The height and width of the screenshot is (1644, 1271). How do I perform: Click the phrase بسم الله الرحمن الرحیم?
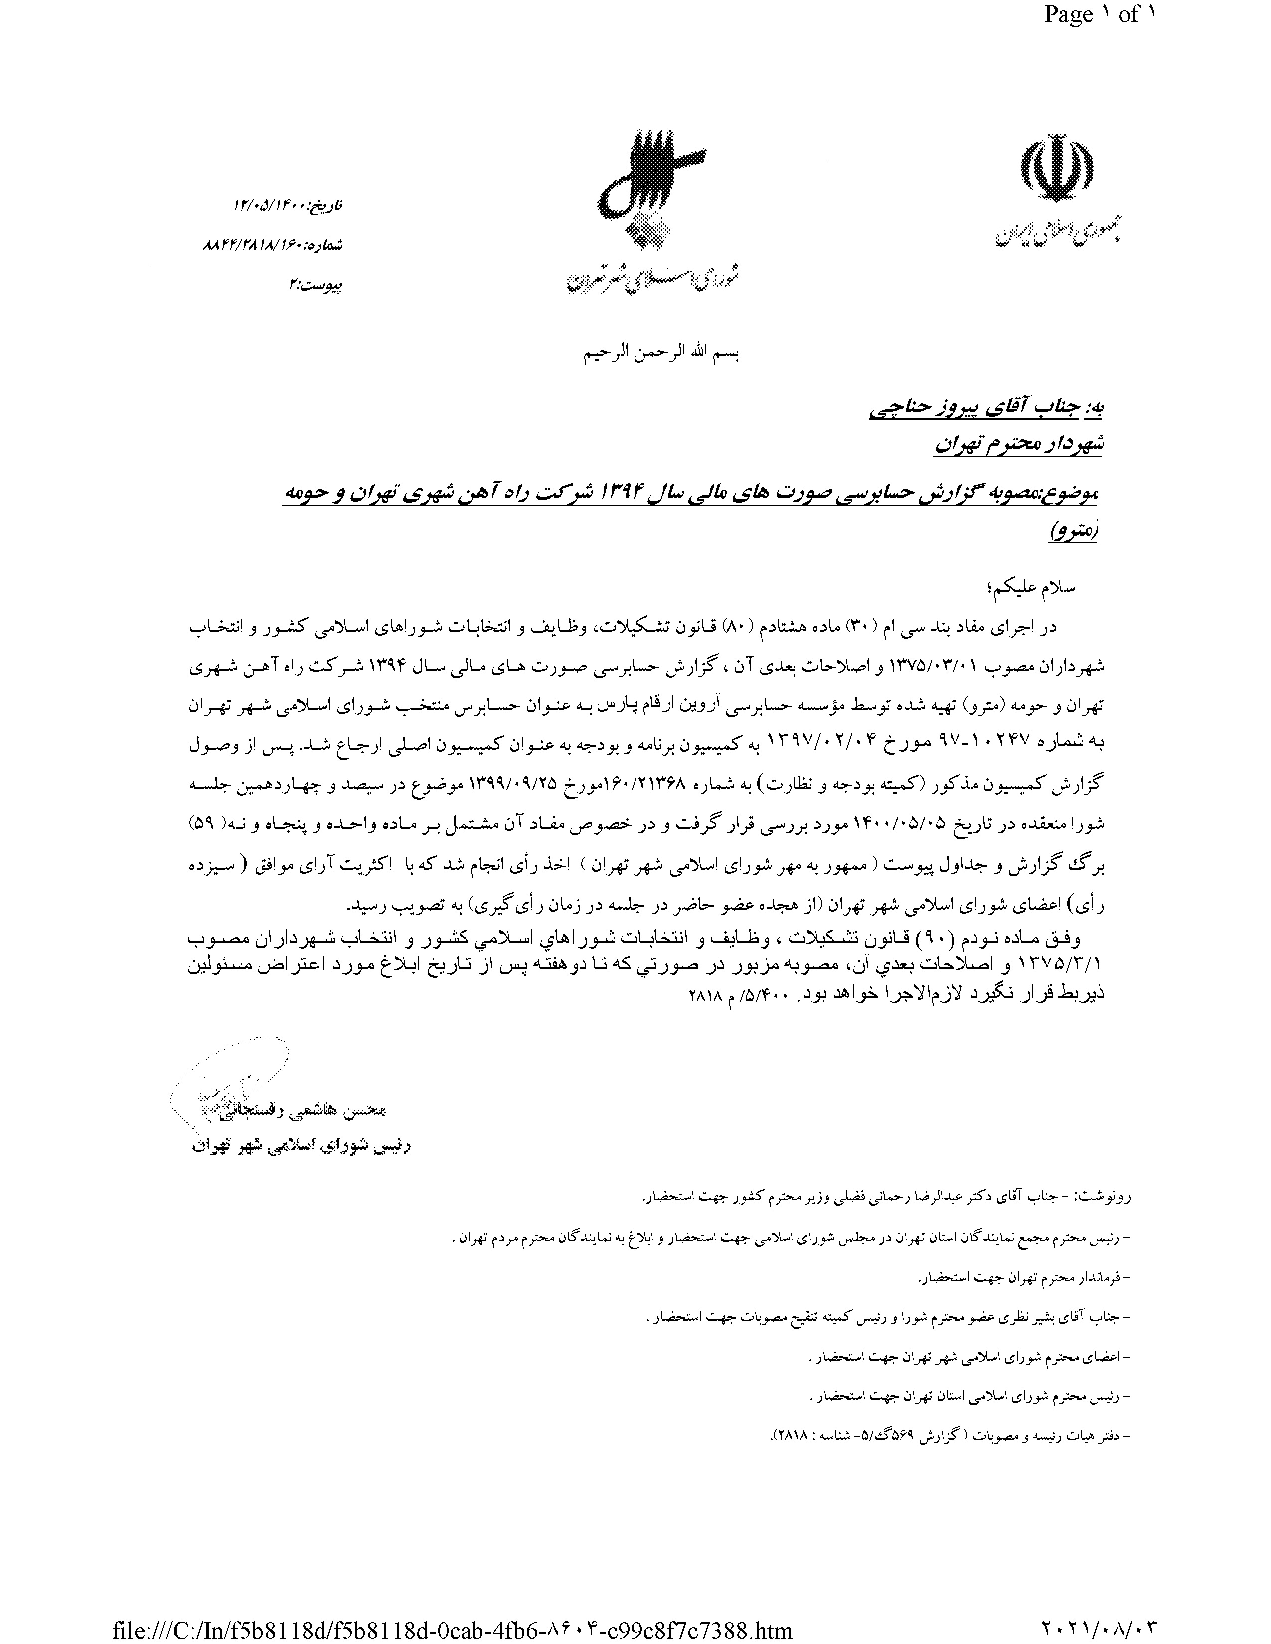662,354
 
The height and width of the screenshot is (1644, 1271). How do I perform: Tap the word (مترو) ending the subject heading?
1074,532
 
